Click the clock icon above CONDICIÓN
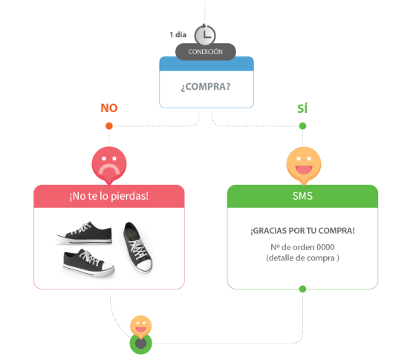[x=205, y=35]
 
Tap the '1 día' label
[x=178, y=35]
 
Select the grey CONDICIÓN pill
[x=206, y=52]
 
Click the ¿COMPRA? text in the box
[x=206, y=87]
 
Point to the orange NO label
[x=109, y=108]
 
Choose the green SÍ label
[x=302, y=108]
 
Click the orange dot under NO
[x=109, y=125]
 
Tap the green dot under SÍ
[x=302, y=125]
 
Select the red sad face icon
[x=109, y=165]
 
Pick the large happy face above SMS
[x=304, y=165]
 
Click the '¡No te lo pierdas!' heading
[x=109, y=196]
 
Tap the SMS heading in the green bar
[x=302, y=196]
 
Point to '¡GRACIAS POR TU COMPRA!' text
[x=302, y=231]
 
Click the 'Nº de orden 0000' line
[x=302, y=247]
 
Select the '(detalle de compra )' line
[x=302, y=258]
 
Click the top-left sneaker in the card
[x=85, y=232]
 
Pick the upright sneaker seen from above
[x=137, y=246]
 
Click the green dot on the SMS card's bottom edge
[x=302, y=289]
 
